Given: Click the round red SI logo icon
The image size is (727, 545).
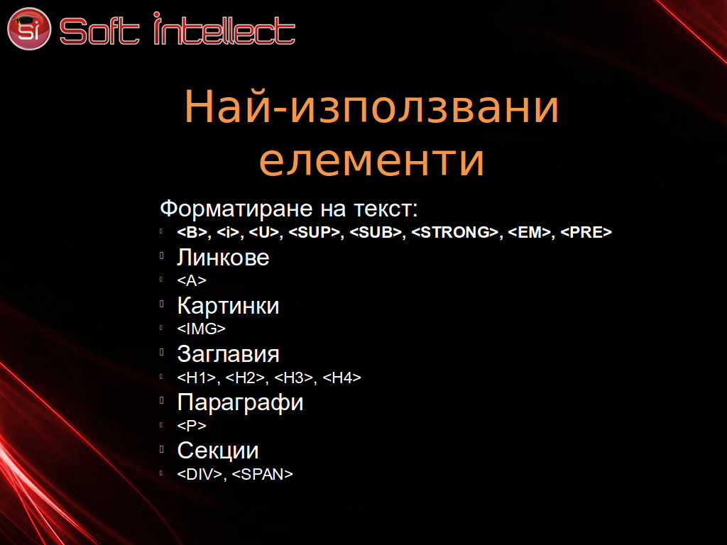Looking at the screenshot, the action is click(x=28, y=28).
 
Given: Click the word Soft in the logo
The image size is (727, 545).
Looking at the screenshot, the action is click(x=99, y=31).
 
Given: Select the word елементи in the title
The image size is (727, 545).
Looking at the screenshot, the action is click(x=371, y=161).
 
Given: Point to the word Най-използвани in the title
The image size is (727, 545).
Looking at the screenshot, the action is click(x=371, y=106).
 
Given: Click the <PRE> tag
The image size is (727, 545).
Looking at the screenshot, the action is click(x=586, y=232).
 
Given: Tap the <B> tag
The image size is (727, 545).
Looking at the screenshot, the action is click(x=192, y=232).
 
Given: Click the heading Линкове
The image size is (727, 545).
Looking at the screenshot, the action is click(x=223, y=258).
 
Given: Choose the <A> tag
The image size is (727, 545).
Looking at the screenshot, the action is click(x=192, y=280).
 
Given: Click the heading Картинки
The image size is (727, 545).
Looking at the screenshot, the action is click(x=228, y=306).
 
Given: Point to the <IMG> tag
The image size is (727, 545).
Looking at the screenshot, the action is click(x=201, y=329).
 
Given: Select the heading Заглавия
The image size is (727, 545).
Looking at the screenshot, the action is click(x=228, y=354).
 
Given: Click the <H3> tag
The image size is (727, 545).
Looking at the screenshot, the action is click(x=293, y=378).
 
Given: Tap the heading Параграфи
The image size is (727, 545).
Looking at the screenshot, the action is click(x=240, y=402).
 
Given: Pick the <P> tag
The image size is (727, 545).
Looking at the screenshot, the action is click(x=192, y=426).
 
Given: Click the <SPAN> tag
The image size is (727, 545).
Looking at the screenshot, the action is click(x=263, y=474).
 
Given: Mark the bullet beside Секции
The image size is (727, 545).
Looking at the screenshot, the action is click(x=161, y=448).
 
